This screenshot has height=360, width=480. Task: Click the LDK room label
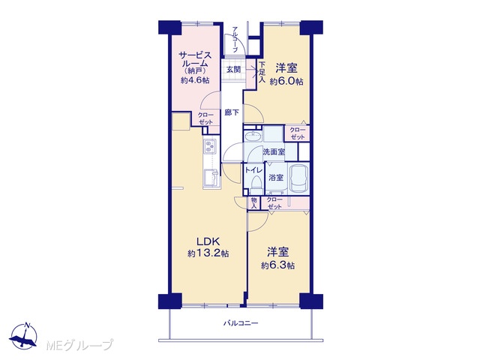click(208, 241)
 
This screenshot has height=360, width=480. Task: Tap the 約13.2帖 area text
click(208, 253)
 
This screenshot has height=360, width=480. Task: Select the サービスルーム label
click(195, 60)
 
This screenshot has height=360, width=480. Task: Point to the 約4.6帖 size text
click(195, 80)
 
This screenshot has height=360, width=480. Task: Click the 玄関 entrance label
click(233, 70)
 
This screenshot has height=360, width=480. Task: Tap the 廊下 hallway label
click(232, 112)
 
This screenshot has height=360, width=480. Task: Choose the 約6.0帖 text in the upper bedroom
click(286, 82)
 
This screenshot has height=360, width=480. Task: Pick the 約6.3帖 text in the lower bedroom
click(278, 265)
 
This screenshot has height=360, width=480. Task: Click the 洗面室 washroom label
click(274, 151)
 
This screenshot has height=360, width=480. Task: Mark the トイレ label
click(253, 170)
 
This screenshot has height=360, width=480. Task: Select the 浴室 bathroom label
click(276, 178)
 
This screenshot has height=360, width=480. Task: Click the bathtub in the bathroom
click(298, 178)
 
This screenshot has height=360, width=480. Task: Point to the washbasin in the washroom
click(253, 136)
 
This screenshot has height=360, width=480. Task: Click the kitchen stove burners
click(210, 146)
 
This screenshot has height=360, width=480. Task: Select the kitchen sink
click(211, 178)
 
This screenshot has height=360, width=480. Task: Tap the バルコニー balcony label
click(241, 323)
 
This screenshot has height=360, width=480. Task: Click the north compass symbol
click(24, 336)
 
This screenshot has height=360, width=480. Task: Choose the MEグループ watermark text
click(80, 345)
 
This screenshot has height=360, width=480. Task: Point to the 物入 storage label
click(253, 203)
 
